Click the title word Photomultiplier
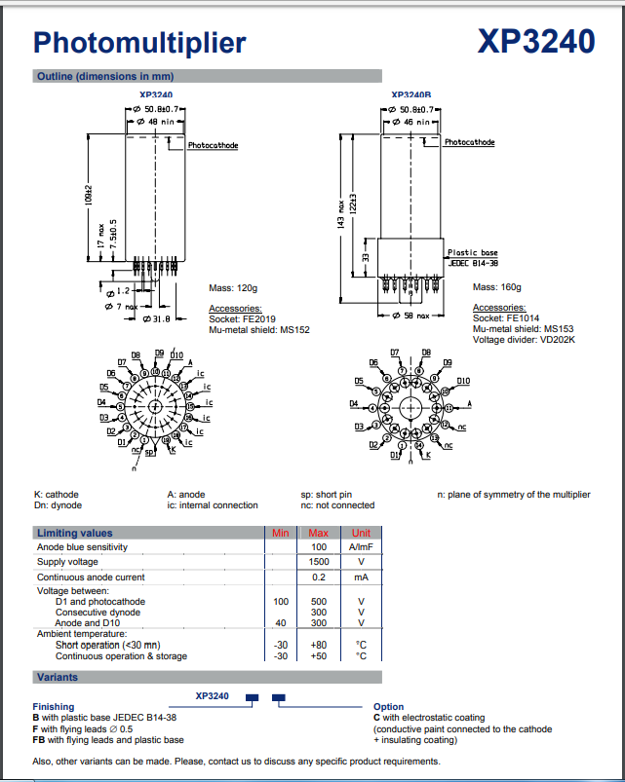139,42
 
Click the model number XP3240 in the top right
536,41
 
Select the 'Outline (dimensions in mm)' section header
104,76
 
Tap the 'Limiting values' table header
75,533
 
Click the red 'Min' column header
281,533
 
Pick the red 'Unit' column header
361,533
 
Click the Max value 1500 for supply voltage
319,562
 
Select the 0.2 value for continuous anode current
319,577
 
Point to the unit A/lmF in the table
361,547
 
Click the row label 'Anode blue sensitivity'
83,547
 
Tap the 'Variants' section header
58,677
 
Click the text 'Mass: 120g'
233,287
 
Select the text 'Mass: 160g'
497,287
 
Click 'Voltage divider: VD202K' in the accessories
524,340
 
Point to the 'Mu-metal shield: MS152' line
258,330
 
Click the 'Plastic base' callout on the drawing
472,252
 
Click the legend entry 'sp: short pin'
328,495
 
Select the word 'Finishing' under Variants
55,707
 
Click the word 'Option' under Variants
389,707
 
